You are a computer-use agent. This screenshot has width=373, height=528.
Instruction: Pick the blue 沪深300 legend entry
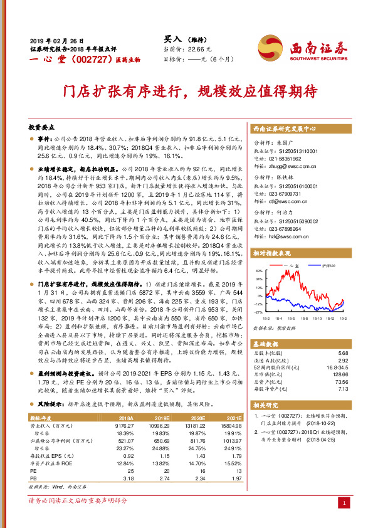tap(323, 267)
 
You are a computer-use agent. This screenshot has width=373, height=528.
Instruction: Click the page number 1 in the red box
tap(344, 502)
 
